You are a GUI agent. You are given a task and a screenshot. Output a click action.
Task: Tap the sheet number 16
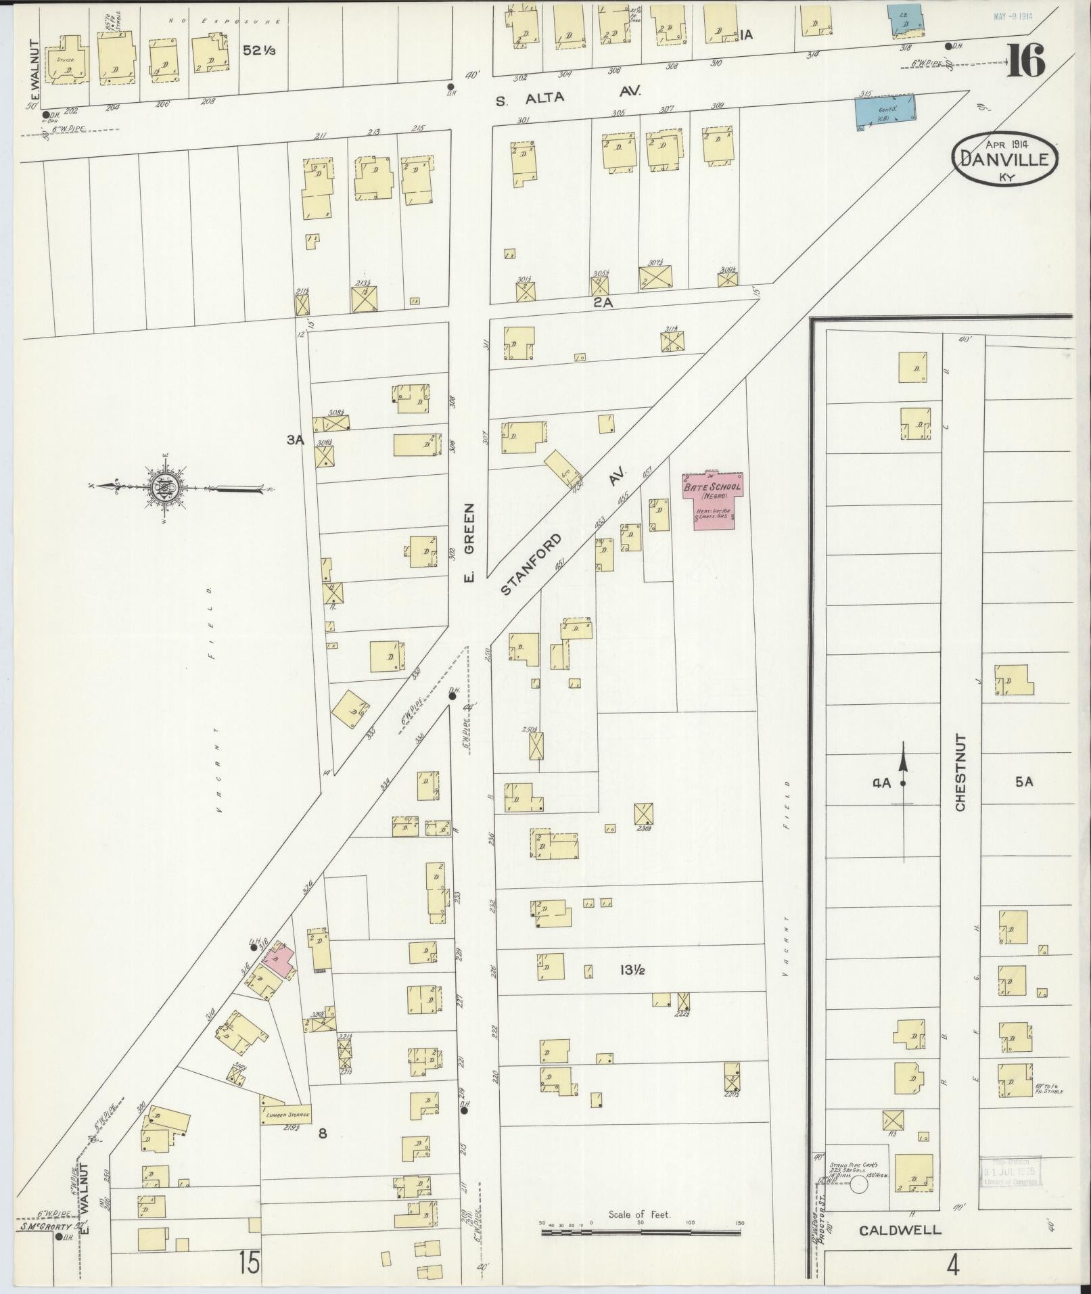click(x=1026, y=60)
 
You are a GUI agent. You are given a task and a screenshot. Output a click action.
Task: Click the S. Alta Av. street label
click(x=567, y=97)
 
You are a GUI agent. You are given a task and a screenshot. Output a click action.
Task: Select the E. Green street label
click(x=471, y=541)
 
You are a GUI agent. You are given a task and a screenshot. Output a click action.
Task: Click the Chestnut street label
click(x=961, y=772)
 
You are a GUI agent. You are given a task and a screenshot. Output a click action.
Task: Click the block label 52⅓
click(x=260, y=51)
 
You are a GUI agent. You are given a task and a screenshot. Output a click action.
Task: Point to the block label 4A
click(x=881, y=783)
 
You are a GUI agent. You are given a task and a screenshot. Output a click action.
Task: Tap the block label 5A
click(x=1024, y=782)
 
